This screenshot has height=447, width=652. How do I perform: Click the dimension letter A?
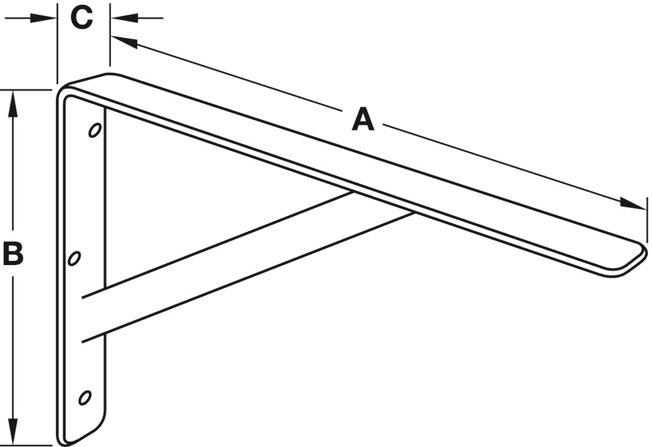pos(363,119)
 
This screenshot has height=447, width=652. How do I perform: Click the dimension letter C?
pos(81,18)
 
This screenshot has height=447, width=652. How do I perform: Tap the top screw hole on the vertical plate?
pos(96,130)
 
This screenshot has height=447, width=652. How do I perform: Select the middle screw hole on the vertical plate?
pos(75,258)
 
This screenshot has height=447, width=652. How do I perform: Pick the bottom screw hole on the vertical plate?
pos(85,397)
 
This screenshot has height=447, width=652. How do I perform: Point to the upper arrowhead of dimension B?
pos(13,104)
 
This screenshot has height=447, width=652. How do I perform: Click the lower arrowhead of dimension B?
pos(13,431)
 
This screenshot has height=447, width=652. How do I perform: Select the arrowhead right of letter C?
pos(124,18)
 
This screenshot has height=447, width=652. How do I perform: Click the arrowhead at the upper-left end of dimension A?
pos(124,42)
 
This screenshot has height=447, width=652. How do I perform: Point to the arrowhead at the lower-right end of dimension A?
pos(632,204)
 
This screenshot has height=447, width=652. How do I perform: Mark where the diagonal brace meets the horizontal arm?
pos(383,203)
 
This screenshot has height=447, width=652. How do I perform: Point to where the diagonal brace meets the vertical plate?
pos(94,315)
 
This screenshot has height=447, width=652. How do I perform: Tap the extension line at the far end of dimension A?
pos(647,220)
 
